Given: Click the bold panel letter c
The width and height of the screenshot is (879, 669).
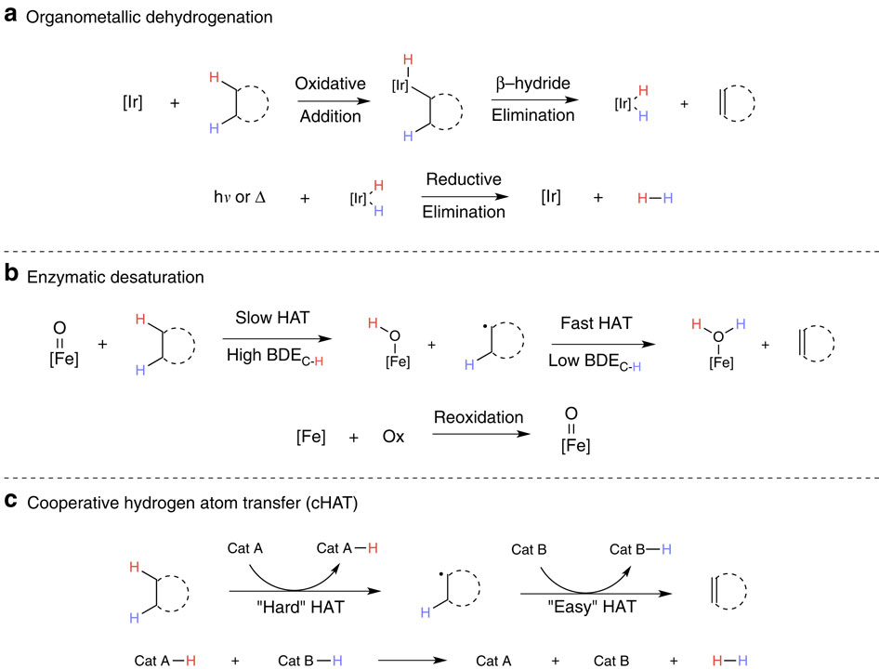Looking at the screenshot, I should coord(10,501).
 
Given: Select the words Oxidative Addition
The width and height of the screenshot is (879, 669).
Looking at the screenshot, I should coord(327,98).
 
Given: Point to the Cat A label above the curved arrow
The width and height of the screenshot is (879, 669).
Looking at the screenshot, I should coord(244,548).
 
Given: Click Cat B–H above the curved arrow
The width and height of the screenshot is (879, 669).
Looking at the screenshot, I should coord(641,548).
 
